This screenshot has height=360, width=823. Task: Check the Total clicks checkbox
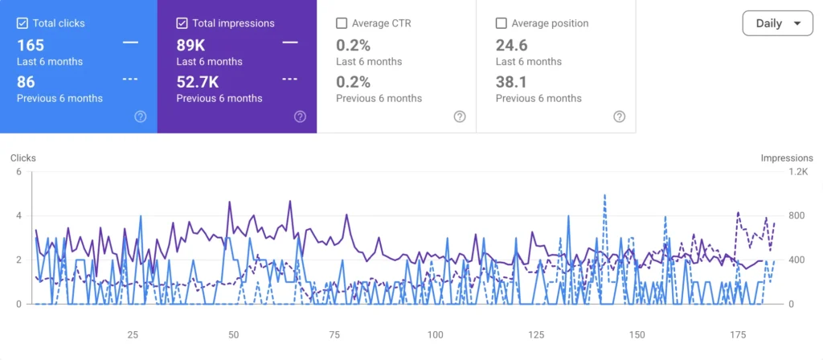22,23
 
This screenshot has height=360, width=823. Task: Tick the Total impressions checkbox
182,23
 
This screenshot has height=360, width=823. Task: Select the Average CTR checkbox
341,23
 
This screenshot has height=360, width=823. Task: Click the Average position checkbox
501,23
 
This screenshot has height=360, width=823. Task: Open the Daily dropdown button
777,23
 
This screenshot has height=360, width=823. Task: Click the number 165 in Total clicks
31,45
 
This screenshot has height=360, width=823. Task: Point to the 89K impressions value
190,45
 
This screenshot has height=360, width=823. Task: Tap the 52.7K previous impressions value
198,83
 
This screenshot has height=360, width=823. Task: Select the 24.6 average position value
512,45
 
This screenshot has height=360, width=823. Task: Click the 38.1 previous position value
511,83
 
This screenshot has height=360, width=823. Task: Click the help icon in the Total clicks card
140,117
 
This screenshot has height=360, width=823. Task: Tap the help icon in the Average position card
620,117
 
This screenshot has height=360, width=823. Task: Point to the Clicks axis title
23,158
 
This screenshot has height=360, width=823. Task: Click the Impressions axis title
787,158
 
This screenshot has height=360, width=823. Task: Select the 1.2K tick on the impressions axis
798,172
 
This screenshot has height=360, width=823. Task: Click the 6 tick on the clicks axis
19,172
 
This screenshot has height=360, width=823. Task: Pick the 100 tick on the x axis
435,335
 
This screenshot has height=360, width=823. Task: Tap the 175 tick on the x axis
738,335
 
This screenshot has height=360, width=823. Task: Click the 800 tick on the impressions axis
796,215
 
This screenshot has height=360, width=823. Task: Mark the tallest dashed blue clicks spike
604,195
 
